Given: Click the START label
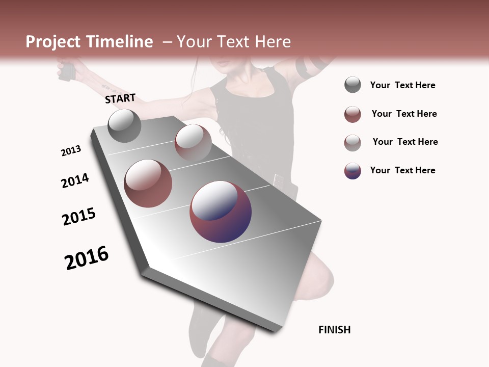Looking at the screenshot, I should pos(120,98).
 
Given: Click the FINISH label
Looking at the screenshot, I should pos(334,330).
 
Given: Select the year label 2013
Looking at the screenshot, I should pos(71,151).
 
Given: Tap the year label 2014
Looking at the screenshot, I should pos(75,180).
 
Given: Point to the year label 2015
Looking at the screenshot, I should pos(79,217).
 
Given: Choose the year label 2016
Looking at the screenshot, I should pos(87,257).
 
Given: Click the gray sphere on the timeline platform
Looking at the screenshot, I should pos(124,125).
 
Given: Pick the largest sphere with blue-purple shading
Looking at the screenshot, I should pos(221,211).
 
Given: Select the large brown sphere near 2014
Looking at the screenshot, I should pos(148,183).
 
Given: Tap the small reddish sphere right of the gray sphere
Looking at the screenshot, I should pos(193,142).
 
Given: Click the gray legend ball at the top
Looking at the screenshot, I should pos(352,85).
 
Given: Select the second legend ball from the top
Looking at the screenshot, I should pos(352,114).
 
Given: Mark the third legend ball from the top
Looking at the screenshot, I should pos(352,143).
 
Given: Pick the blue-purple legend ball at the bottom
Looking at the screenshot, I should pos(352,171).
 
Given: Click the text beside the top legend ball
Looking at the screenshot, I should pos(402,85).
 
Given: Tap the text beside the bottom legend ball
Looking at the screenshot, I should pos(402,170).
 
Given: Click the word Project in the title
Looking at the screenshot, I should pos(53,42).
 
